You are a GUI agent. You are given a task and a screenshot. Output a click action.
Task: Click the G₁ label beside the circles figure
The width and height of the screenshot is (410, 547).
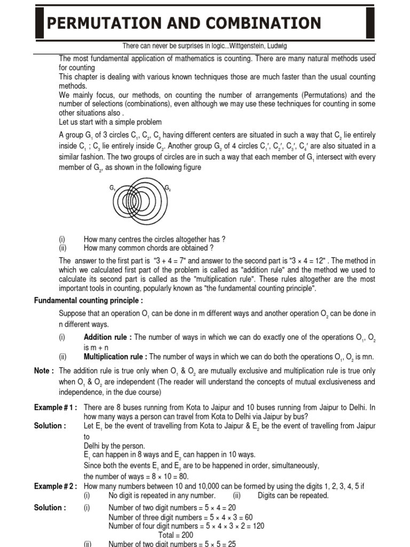point(113,188)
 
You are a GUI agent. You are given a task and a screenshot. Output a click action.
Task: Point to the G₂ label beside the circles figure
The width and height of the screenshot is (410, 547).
point(168,188)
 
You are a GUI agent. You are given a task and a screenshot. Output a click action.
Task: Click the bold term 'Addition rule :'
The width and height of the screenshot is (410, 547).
point(106,337)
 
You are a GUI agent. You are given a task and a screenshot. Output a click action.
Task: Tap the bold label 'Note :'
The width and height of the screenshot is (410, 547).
point(44,371)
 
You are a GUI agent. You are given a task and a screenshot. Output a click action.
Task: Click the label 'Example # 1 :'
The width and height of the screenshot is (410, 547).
point(56,408)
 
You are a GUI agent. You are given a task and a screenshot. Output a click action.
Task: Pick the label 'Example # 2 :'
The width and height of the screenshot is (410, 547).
point(56,486)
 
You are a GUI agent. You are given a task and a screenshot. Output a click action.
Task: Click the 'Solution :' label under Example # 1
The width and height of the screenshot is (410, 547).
point(50,426)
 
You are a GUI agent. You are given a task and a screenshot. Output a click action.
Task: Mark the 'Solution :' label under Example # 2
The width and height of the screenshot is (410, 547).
point(50,507)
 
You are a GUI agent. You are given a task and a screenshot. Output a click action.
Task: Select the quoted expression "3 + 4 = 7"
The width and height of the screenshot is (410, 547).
point(171,261)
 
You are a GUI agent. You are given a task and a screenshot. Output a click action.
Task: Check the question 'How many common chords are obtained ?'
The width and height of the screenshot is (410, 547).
point(149,248)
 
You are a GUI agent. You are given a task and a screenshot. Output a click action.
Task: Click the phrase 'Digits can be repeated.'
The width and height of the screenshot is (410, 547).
point(293,495)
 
